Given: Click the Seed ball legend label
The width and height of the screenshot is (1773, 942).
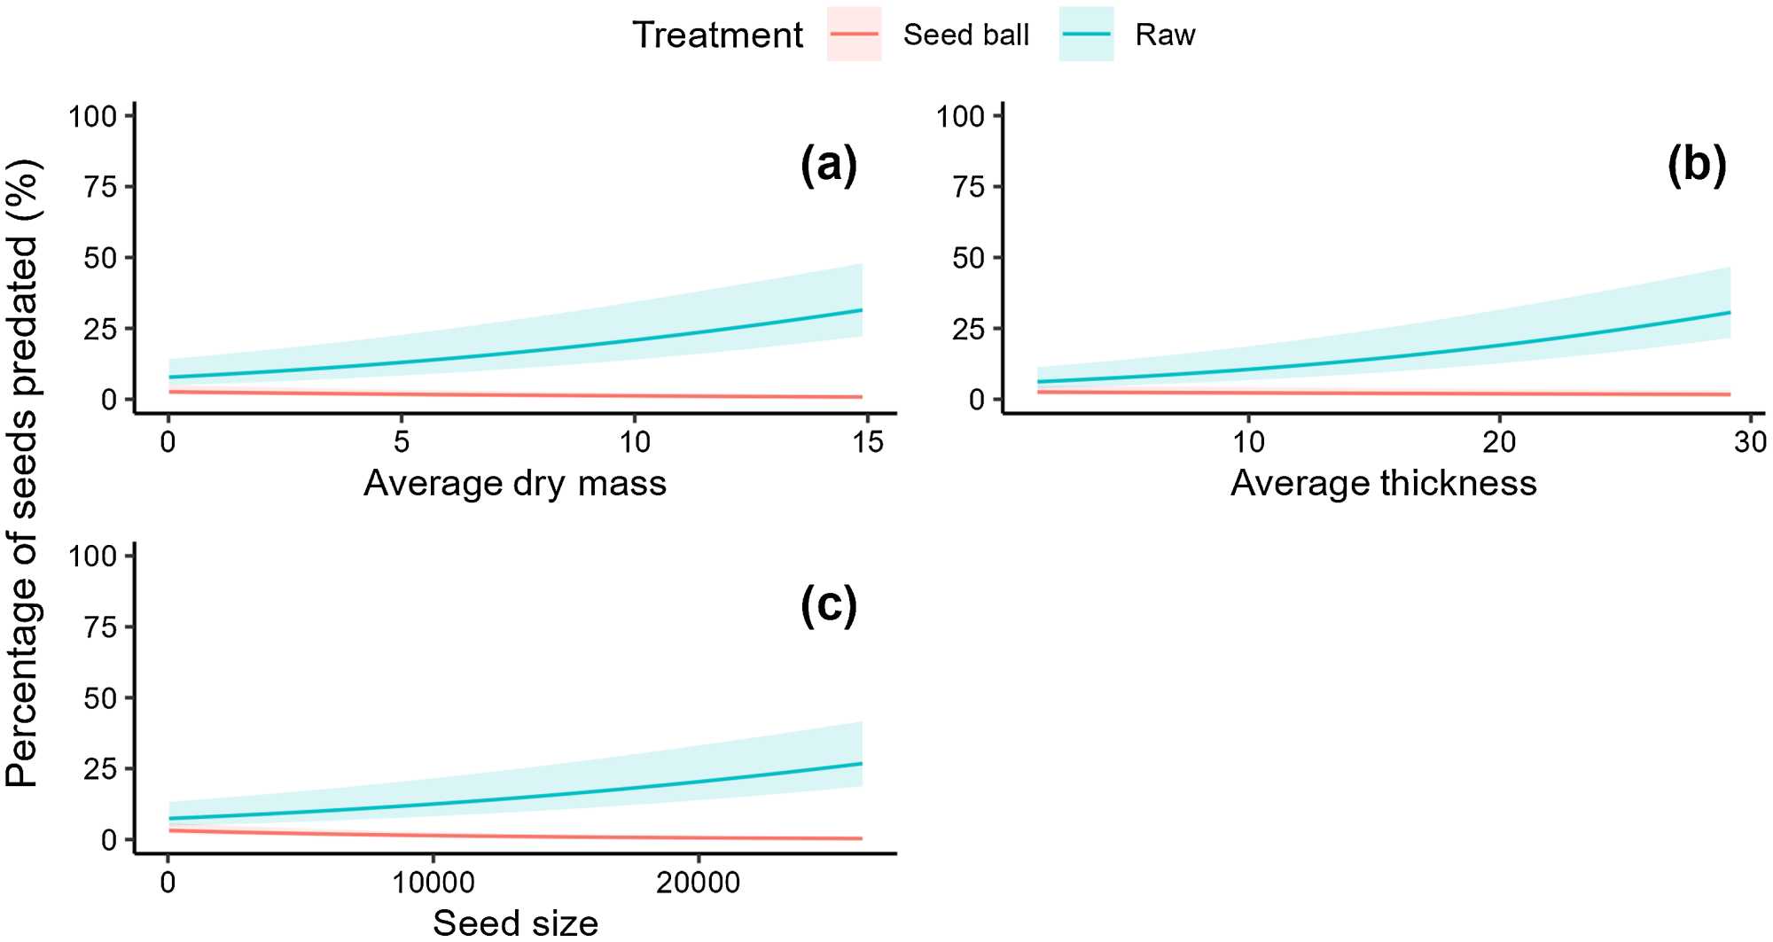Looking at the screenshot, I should click(x=965, y=35).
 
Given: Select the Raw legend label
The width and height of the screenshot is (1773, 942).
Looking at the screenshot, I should click(x=1165, y=35).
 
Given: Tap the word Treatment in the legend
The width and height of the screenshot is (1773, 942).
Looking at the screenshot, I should click(x=717, y=35).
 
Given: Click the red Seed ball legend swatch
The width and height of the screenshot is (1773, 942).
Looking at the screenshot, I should click(x=854, y=35).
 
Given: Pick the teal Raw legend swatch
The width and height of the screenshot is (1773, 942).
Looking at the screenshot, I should click(x=1086, y=35).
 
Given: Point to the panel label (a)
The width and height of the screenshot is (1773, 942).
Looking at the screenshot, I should click(x=829, y=166).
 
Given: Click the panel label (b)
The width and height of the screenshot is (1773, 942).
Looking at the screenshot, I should click(x=1697, y=166).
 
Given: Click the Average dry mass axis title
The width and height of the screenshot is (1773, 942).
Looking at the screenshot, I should click(x=515, y=484).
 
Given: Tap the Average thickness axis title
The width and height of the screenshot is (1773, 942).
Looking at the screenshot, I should click(x=1383, y=484).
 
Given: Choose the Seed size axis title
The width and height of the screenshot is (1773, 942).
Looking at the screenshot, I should click(x=515, y=923).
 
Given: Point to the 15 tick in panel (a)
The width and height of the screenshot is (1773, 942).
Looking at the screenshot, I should click(x=868, y=441).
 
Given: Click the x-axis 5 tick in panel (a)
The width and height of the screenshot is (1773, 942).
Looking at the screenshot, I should click(x=402, y=441).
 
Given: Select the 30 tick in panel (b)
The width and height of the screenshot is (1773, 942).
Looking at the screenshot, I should click(x=1750, y=441).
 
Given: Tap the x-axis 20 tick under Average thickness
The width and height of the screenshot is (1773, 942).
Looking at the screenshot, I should click(x=1499, y=441).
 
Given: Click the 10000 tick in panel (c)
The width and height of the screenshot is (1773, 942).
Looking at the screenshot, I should click(x=433, y=882).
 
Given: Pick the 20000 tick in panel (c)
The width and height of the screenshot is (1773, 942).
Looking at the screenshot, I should click(x=698, y=882).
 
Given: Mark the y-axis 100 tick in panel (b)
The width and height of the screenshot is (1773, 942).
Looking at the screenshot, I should click(x=961, y=116).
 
